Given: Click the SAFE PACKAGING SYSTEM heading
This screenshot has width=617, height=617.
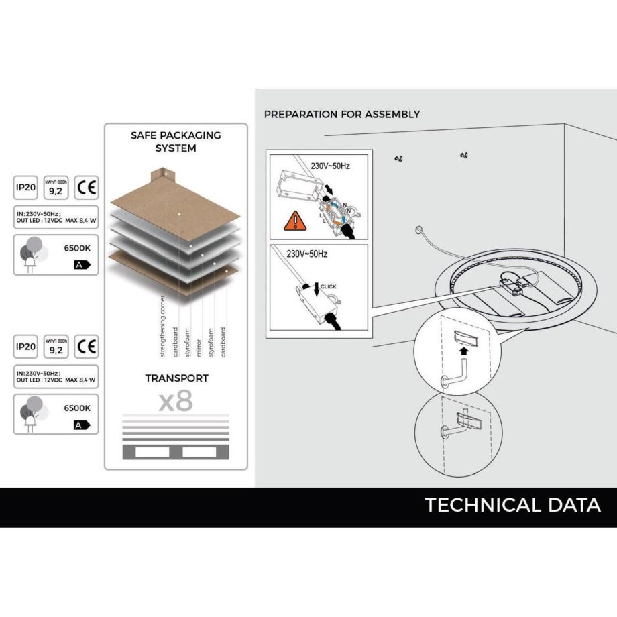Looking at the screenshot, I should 176,141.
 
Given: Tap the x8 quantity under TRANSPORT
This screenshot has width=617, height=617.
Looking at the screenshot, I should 176,401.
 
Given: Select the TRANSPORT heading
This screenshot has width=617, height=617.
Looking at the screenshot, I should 176,378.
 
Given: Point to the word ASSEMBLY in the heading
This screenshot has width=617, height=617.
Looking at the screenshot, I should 392,114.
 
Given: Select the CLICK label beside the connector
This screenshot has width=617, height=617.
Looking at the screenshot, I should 329,286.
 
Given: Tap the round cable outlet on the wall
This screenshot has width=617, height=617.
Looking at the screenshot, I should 420,230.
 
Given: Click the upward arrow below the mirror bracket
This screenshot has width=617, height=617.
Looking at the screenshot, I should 464,349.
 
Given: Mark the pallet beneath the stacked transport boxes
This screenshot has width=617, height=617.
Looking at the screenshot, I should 176,453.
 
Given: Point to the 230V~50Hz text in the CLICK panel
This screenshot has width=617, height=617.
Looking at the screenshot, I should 306,256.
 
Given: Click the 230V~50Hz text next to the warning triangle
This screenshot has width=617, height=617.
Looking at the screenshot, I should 330,165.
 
